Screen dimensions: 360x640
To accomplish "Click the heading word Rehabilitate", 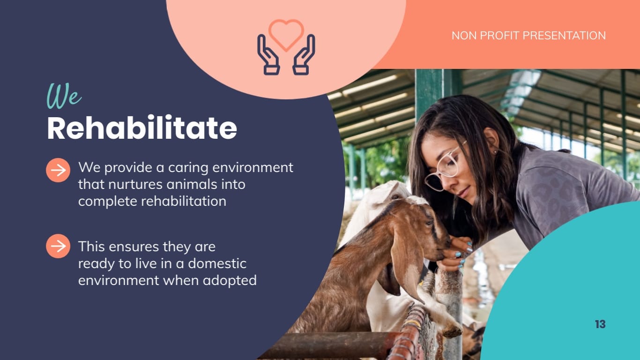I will (x=142, y=127).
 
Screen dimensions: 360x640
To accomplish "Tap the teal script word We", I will (x=64, y=96).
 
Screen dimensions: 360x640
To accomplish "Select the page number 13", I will (x=600, y=324).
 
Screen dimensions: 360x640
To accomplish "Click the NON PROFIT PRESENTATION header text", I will (x=528, y=36).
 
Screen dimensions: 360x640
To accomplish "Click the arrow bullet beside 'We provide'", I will (x=58, y=170).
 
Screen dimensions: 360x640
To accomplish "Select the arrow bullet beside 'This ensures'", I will (x=58, y=246).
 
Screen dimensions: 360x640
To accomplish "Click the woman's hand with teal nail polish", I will (x=457, y=253).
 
